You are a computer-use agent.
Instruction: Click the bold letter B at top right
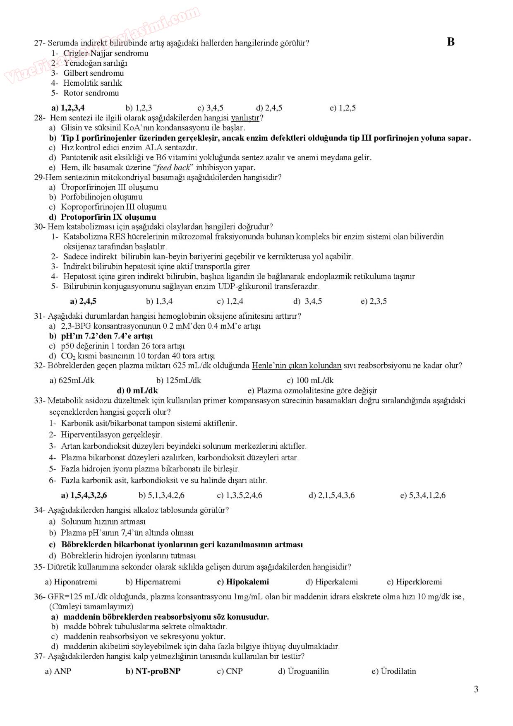[x=451, y=42]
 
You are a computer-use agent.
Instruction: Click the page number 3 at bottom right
[x=476, y=689]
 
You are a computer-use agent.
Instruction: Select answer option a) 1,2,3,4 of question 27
[x=68, y=108]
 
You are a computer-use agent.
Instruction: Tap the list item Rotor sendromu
[x=91, y=93]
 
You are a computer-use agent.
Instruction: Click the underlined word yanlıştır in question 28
[x=245, y=118]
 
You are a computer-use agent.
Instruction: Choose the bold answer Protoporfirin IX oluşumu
[x=108, y=217]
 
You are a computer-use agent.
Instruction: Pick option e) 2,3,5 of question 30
[x=374, y=301]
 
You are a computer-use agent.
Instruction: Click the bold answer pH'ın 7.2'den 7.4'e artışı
[x=107, y=336]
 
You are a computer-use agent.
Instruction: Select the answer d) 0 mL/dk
[x=137, y=390]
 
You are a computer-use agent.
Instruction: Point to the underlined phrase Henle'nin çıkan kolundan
[x=296, y=365]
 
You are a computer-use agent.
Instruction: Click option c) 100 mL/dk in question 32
[x=310, y=380]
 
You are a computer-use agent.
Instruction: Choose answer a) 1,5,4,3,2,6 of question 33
[x=84, y=495]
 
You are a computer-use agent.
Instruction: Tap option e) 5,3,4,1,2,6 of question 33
[x=422, y=495]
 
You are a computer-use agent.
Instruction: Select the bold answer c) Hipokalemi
[x=243, y=582]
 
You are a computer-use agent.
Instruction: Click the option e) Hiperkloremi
[x=414, y=582]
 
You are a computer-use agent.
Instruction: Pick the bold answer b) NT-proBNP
[x=153, y=671]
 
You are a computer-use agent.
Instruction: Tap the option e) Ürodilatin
[x=393, y=671]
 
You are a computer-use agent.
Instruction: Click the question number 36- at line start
[x=40, y=596]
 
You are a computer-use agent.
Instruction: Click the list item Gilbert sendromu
[x=93, y=73]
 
